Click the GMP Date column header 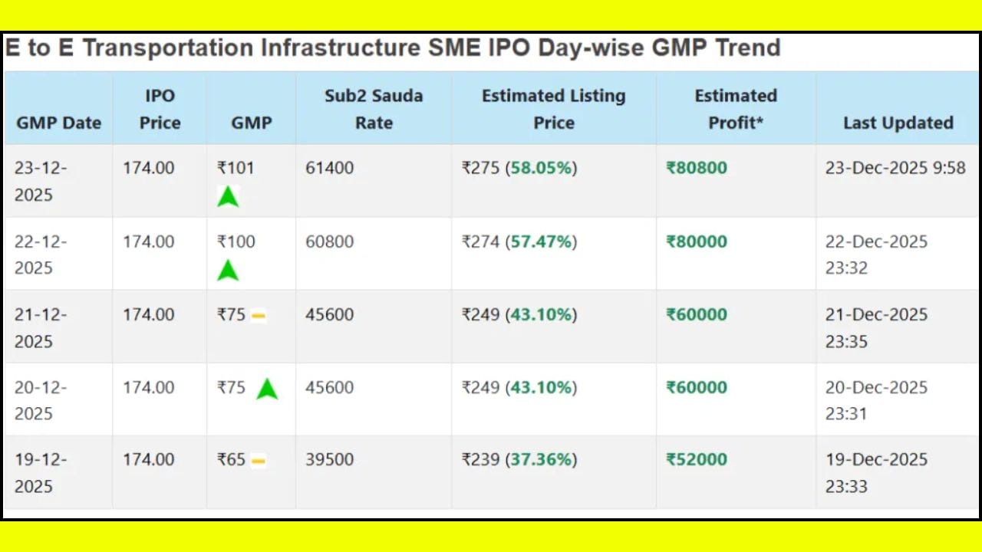(x=58, y=123)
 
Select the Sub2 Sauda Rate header (x=374, y=109)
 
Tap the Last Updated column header (x=898, y=123)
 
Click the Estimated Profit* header (x=736, y=109)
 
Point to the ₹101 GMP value (x=236, y=168)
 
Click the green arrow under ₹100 (x=228, y=270)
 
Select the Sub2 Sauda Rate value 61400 (x=330, y=168)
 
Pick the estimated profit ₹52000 (x=697, y=459)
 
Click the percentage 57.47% (x=542, y=242)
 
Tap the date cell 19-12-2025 (x=41, y=472)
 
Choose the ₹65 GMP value (x=231, y=459)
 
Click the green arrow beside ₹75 (x=267, y=389)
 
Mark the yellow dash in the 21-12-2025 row (x=259, y=315)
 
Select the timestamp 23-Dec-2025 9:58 (x=895, y=168)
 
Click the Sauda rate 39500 (x=330, y=459)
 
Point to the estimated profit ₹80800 (x=697, y=168)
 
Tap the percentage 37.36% (x=542, y=459)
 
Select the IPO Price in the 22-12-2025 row (x=149, y=242)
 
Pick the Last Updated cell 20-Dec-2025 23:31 (x=876, y=400)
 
